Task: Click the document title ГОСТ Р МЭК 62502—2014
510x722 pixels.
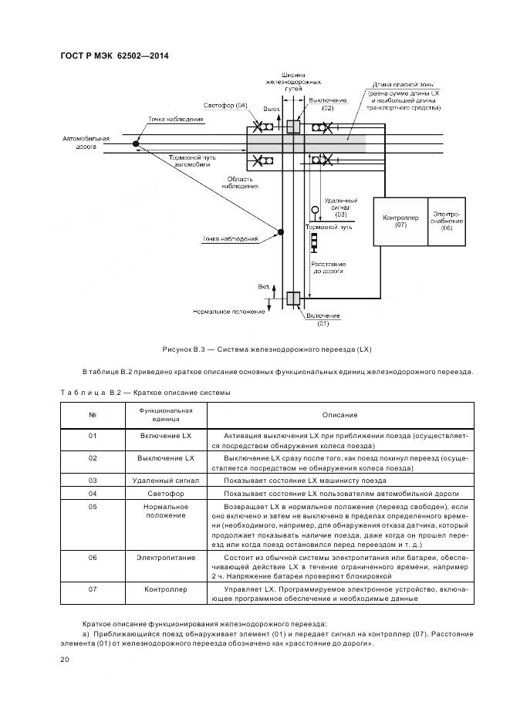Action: [114, 56]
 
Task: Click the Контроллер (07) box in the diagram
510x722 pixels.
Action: [400, 222]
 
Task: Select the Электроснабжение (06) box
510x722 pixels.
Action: [447, 221]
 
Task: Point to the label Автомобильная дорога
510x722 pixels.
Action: [86, 143]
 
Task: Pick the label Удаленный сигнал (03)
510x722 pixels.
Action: [340, 205]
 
